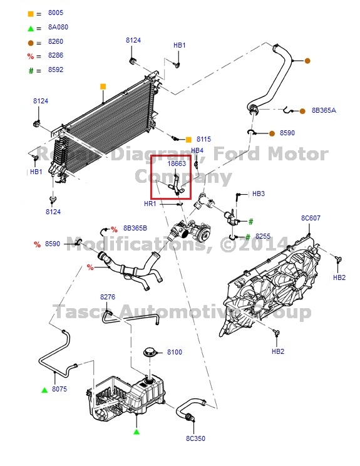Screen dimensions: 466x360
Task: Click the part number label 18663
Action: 177,164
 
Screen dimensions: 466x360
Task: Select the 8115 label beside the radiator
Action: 203,139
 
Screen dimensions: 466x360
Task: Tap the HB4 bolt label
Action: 197,150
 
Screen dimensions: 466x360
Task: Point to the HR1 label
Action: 150,204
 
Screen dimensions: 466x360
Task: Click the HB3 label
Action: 259,194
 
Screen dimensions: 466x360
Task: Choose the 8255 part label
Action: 263,237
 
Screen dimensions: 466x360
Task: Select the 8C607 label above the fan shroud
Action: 311,218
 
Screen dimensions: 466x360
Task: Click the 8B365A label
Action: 324,110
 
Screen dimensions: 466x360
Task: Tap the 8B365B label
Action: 135,228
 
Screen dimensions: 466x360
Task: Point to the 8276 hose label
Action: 108,297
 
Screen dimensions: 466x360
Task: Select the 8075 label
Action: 59,390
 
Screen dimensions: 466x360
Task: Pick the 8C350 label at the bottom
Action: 195,438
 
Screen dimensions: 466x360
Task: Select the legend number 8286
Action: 56,56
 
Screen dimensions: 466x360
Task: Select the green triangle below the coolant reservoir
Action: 136,432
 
